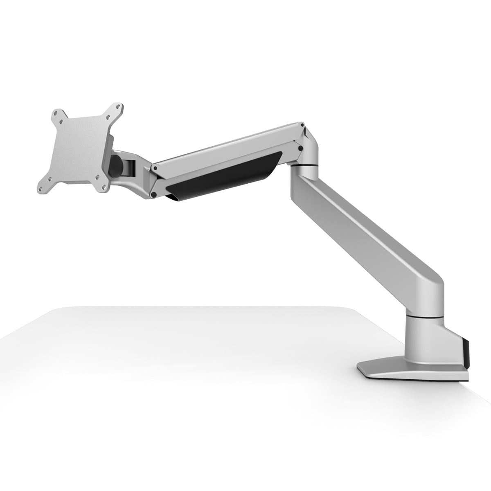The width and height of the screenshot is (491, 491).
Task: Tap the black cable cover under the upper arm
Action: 229,175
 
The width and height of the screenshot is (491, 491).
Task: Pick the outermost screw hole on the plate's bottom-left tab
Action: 41,189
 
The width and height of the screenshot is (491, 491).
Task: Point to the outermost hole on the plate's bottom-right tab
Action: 105,188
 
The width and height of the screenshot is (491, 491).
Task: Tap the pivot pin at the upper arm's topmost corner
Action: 302,124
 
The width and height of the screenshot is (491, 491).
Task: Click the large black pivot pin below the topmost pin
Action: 300,148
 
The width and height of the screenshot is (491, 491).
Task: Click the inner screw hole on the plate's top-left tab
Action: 61,122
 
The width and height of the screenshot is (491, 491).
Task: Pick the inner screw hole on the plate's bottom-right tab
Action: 98,177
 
